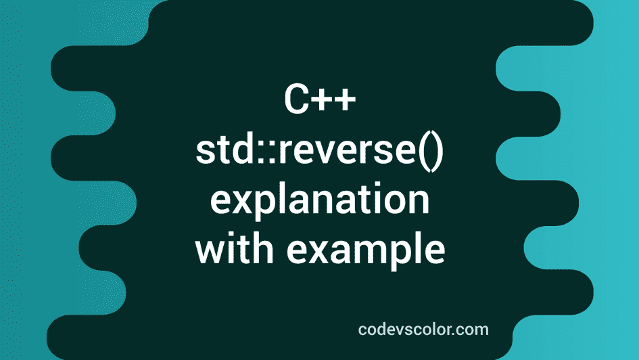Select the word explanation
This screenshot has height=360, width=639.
click(x=319, y=202)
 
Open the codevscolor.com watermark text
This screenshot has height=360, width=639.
click(x=423, y=330)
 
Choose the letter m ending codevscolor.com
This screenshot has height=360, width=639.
click(x=481, y=331)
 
